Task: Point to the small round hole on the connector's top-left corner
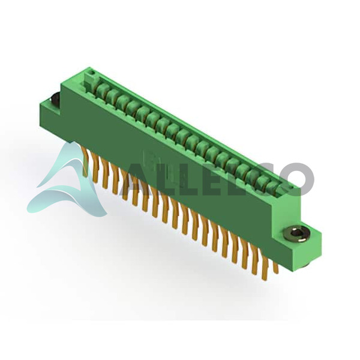click(93, 73)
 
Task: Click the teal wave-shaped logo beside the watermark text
click(69, 181)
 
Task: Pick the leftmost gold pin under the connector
click(85, 163)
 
